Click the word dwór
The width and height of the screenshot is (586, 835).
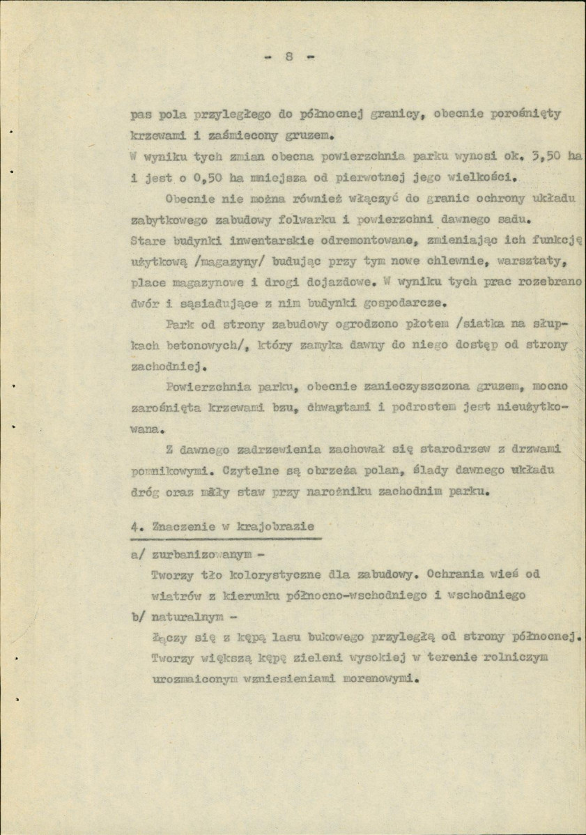[x=147, y=304]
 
